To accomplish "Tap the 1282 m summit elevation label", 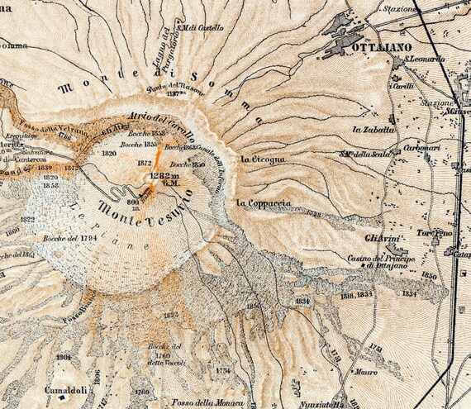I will pyautogui.click(x=162, y=176).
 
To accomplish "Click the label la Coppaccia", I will pyautogui.click(x=263, y=202).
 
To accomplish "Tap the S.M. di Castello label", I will pyautogui.click(x=202, y=27).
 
